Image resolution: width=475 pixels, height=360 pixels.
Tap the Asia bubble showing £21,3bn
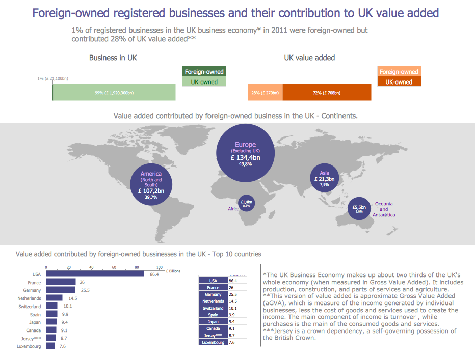click(325, 178)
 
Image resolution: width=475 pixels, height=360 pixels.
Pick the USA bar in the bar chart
click(95, 274)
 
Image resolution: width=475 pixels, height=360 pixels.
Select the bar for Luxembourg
click(50, 346)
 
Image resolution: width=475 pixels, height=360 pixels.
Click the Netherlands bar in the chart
click(54, 298)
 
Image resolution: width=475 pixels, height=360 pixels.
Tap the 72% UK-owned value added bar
click(327, 93)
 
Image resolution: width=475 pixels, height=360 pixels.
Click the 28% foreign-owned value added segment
click(265, 93)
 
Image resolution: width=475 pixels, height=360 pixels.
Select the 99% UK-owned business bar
click(114, 93)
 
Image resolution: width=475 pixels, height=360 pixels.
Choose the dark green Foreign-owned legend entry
click(204, 72)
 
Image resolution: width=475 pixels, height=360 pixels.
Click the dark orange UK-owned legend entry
click(399, 82)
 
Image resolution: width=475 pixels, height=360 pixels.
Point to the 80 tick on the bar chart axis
click(137, 267)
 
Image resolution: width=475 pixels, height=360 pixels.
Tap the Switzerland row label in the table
click(213, 308)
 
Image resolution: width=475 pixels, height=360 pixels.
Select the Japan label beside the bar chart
click(35, 322)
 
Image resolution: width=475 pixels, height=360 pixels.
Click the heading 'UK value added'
click(309, 58)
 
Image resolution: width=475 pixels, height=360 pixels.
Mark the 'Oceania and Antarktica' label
click(384, 209)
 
